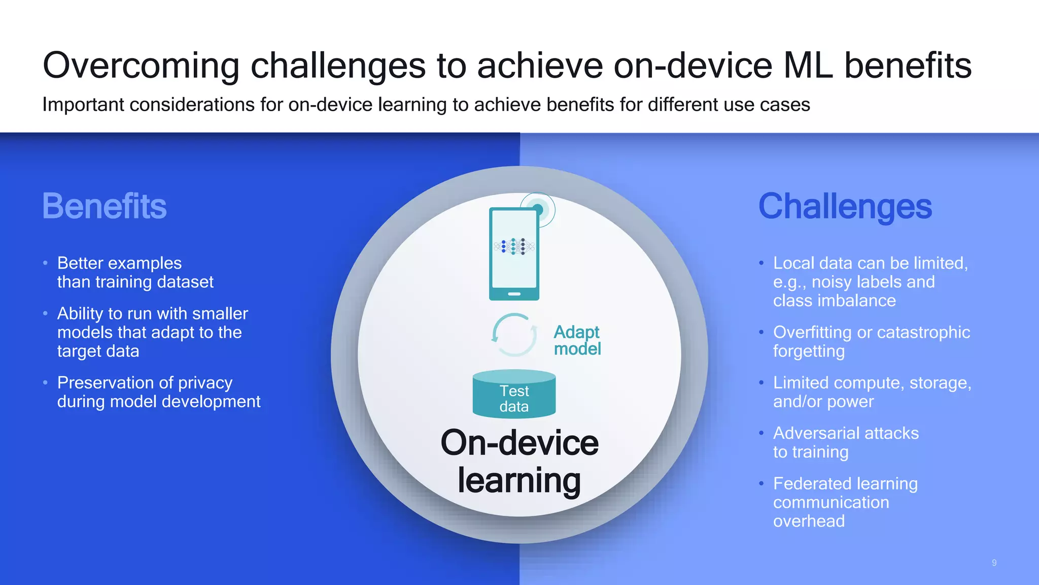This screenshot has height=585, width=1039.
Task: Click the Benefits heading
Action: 104,206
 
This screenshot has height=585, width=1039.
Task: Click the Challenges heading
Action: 845,206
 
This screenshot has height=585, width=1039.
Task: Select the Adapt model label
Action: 577,340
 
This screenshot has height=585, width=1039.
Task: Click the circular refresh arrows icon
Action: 514,335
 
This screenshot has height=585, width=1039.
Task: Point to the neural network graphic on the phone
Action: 514,246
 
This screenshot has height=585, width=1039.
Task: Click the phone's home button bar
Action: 514,294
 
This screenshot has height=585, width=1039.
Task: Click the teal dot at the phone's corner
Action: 538,209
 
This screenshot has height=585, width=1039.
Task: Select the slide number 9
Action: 994,563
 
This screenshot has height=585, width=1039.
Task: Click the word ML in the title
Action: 808,66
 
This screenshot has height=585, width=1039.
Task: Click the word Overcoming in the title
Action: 141,66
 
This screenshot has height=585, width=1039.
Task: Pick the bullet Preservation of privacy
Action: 158,392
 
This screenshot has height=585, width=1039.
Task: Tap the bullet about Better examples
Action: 135,272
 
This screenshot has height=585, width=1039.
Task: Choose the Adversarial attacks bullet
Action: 846,442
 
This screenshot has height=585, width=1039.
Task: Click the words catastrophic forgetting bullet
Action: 871,341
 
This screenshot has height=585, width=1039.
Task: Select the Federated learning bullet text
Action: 845,502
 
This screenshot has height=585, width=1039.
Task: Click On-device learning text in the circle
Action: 519,461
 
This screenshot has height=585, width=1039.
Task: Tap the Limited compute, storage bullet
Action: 872,392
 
